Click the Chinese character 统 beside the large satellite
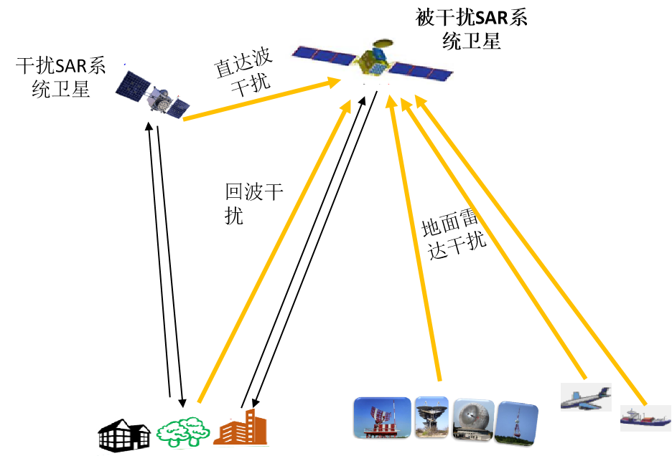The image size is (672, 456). [x=453, y=42]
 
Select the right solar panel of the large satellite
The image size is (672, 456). [x=421, y=71]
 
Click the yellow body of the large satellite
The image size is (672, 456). [x=372, y=62]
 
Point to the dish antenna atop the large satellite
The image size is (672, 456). [x=383, y=44]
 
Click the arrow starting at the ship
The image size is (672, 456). [x=531, y=251]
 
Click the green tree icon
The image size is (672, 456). [x=182, y=432]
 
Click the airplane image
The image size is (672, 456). [x=585, y=397]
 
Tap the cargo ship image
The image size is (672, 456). [x=645, y=419]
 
